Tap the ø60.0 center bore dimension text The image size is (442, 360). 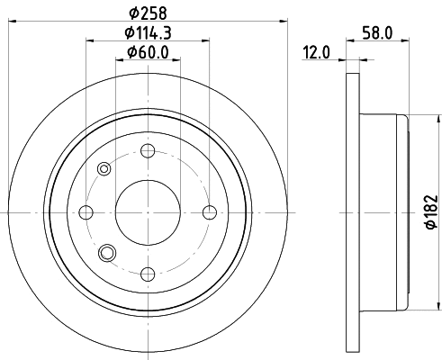click(x=149, y=53)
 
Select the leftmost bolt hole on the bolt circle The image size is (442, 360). click(x=87, y=211)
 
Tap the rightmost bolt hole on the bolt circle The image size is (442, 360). click(x=210, y=211)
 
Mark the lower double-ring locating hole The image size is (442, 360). click(x=109, y=253)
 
